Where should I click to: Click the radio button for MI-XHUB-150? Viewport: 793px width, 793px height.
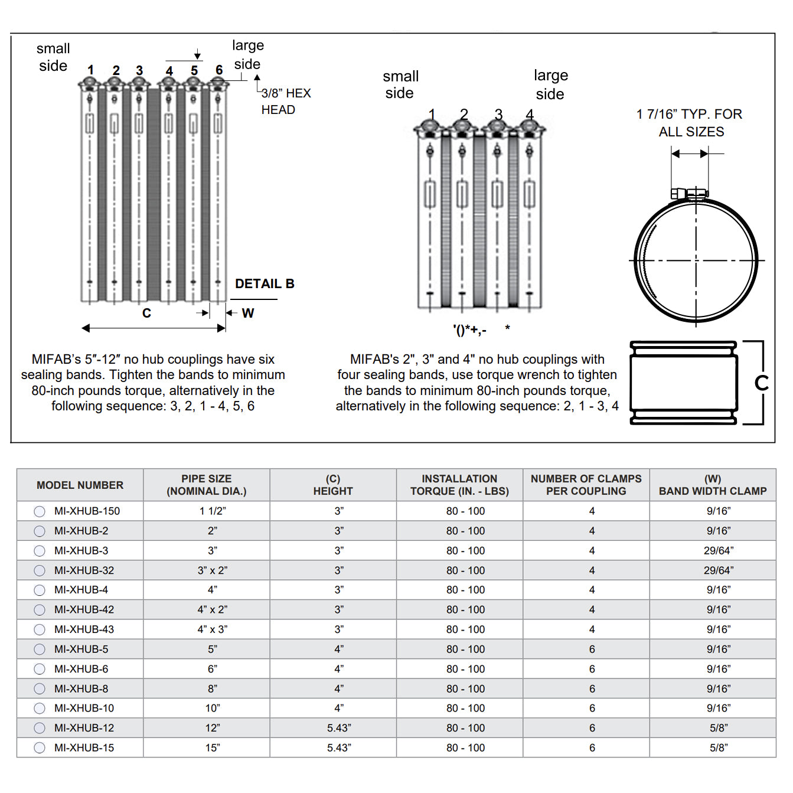40,511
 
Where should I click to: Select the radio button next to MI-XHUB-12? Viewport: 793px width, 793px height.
40,728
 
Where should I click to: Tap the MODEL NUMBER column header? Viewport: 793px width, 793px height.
80,485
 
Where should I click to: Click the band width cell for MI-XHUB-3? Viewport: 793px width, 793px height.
718,550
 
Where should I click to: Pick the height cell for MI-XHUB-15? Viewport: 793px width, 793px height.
339,748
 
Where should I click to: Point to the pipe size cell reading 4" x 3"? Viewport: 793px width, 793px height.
212,629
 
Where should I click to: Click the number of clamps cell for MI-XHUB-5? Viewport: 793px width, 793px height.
592,649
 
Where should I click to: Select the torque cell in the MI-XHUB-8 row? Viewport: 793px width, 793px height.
465,688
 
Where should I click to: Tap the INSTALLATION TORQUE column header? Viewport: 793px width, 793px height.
459,485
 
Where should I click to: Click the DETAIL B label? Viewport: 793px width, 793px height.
265,284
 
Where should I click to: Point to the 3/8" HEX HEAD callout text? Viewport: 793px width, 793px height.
285,102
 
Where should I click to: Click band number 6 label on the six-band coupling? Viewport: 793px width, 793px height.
219,70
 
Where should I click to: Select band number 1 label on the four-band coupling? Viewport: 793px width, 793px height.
432,114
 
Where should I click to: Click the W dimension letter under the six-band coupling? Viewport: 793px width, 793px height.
248,313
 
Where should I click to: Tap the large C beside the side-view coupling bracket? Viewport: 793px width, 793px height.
761,383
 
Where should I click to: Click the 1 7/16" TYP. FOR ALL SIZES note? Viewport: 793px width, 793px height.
690,123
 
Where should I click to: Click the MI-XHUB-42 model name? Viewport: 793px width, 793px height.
84,609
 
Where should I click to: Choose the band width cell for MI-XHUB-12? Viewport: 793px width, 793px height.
718,728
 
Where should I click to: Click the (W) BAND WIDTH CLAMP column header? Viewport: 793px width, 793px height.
712,485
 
